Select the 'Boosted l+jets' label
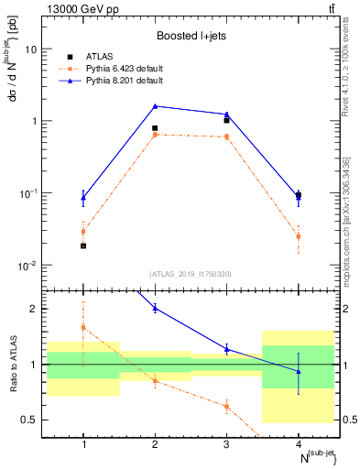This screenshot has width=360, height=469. click(x=191, y=36)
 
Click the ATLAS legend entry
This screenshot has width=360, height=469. click(x=100, y=56)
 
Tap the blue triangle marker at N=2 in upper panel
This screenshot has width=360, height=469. click(x=155, y=106)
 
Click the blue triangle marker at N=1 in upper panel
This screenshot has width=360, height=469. click(x=83, y=197)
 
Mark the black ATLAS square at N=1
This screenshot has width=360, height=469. click(x=83, y=245)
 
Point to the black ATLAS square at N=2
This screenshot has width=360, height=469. click(x=155, y=128)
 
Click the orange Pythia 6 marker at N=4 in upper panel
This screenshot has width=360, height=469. click(x=298, y=236)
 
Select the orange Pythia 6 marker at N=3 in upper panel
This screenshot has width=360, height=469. click(x=226, y=136)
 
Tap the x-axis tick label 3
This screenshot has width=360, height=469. click(x=226, y=444)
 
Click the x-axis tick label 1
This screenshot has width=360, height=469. click(x=83, y=444)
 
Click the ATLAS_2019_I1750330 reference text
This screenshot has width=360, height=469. click(x=191, y=274)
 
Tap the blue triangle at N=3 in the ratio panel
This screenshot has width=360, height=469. click(x=226, y=349)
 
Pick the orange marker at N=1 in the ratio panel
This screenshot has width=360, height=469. click(x=83, y=327)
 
